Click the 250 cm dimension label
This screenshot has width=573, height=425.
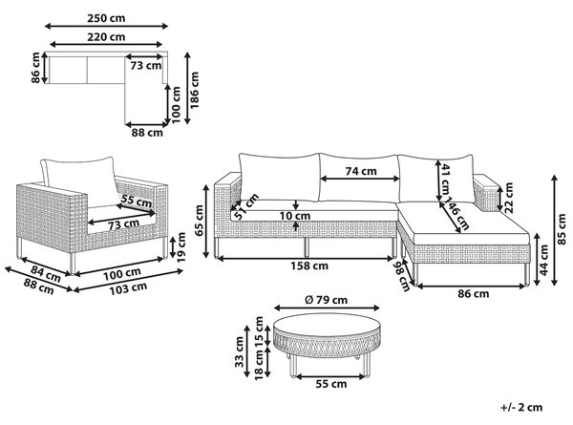click(x=106, y=18)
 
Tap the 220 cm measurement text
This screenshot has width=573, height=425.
click(x=106, y=37)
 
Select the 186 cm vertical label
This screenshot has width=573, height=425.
click(x=195, y=90)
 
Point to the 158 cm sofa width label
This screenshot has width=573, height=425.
click(x=309, y=266)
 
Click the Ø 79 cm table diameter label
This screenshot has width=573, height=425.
click(x=326, y=300)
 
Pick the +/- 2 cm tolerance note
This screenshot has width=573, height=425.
click(x=521, y=407)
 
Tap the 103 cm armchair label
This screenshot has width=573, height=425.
click(x=128, y=288)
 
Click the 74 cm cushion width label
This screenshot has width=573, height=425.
click(x=361, y=171)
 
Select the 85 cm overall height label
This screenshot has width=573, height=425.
click(x=562, y=229)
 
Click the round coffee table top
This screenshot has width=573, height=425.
click(x=328, y=327)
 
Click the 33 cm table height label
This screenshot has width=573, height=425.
click(x=239, y=351)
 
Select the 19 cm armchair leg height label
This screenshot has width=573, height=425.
click(x=181, y=247)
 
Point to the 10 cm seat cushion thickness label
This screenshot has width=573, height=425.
click(x=295, y=216)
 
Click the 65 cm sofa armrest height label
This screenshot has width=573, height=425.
click(x=200, y=221)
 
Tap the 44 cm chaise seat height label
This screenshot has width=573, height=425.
click(x=543, y=260)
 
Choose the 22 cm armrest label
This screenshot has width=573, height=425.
click(x=509, y=198)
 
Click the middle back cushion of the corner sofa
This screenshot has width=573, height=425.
click(x=359, y=178)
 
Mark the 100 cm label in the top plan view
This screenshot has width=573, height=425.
click(x=176, y=104)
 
